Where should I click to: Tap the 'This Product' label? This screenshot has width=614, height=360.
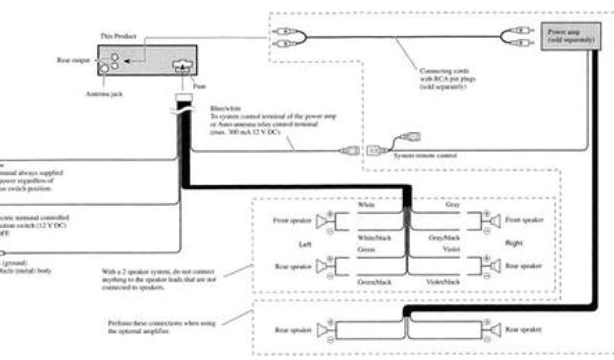(114, 37)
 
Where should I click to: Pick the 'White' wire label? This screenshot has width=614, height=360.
(367, 205)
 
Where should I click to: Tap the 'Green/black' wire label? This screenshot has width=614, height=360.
(374, 281)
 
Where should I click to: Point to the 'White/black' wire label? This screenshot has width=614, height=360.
(374, 238)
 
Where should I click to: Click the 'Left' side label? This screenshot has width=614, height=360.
(303, 244)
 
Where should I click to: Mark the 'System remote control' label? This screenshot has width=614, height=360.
(425, 155)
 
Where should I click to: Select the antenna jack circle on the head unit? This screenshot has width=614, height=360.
(106, 69)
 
